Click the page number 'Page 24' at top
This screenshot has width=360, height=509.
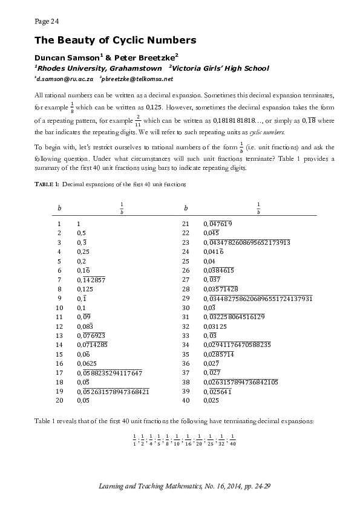47,21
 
